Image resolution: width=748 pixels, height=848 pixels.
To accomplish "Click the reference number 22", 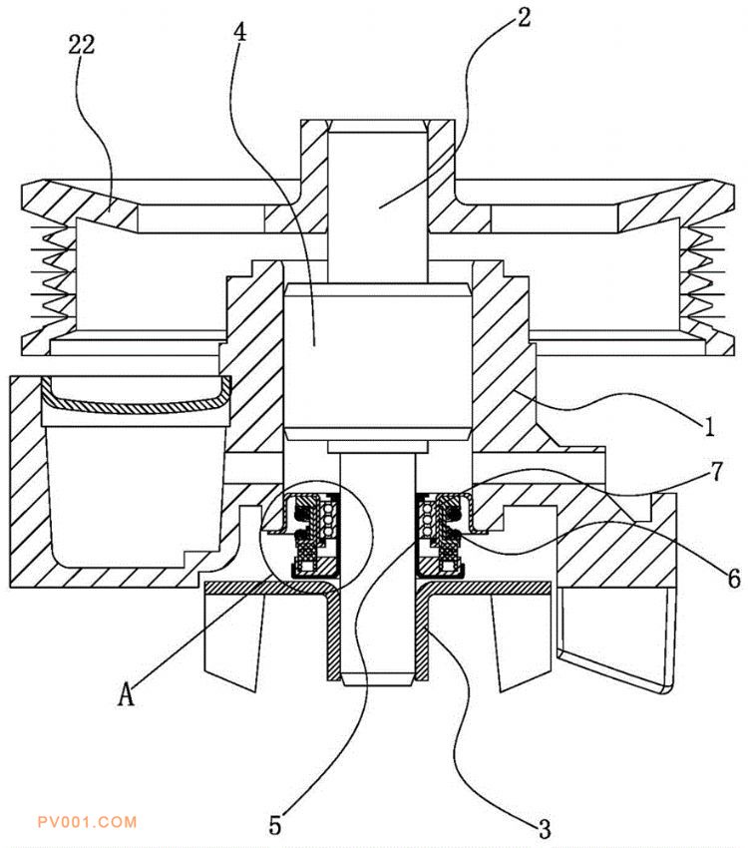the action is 82,45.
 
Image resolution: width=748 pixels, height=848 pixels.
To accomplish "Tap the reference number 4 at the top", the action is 240,33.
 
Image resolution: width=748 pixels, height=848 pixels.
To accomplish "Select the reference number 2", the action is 524,18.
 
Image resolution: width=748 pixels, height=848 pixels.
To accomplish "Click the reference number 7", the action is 717,472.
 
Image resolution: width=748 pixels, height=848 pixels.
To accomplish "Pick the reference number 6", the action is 733,579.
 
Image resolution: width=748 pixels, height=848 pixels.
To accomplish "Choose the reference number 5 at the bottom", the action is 275,825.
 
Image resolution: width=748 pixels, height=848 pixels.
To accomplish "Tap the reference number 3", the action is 545,828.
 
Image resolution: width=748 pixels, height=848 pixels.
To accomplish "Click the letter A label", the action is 126,694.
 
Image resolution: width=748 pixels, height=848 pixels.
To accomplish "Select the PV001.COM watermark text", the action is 87,823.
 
